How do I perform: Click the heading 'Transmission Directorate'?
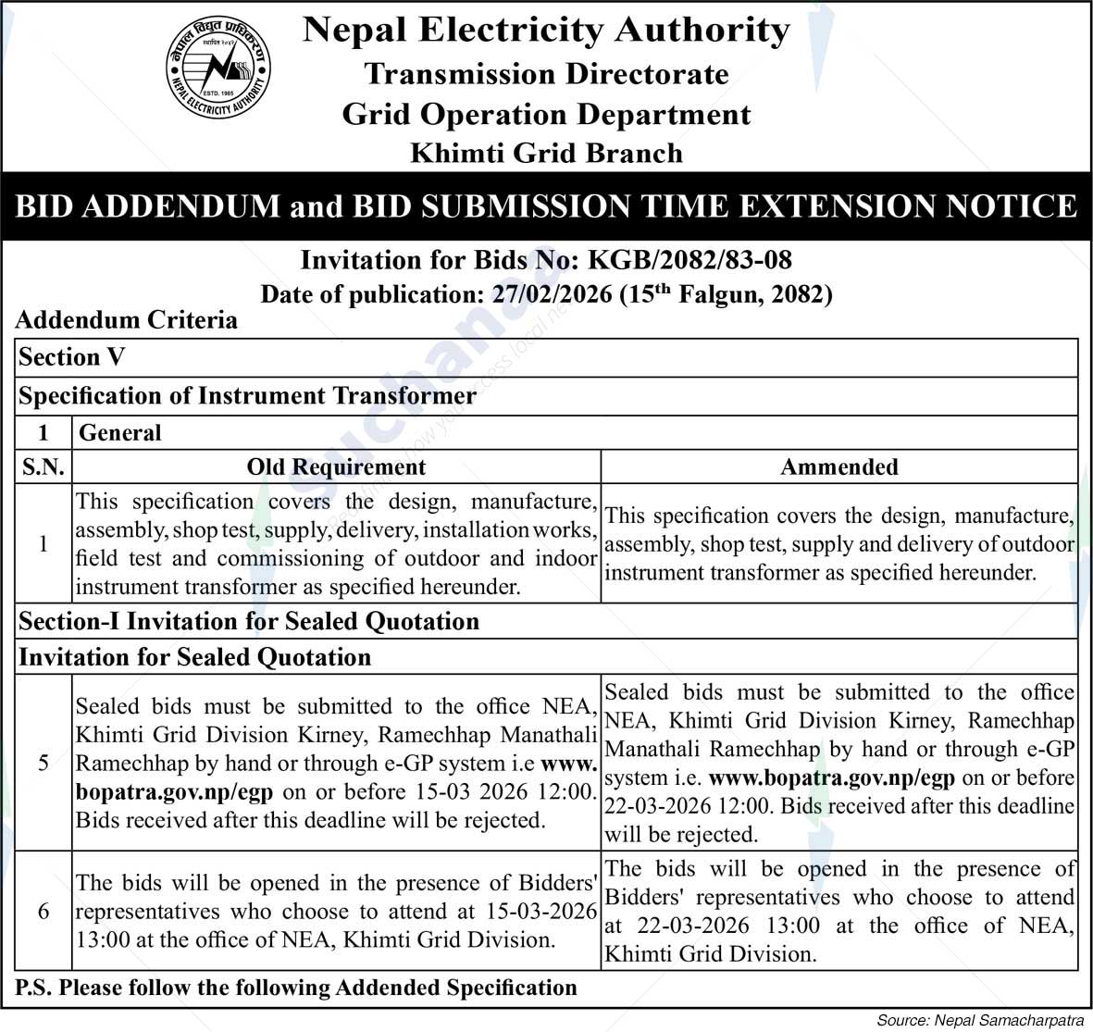tap(546, 74)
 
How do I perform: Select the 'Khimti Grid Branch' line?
tap(546, 153)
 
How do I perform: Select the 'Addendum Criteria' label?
tap(127, 320)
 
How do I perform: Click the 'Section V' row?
tap(72, 357)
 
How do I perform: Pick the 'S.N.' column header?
tap(43, 467)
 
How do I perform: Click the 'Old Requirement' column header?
tap(336, 467)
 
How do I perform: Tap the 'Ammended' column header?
tap(839, 467)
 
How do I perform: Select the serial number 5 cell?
tap(43, 763)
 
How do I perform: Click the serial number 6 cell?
tap(43, 911)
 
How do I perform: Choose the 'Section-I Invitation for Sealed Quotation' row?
tap(249, 621)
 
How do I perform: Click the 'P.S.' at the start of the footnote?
tap(33, 988)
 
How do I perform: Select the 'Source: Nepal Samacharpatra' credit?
tap(979, 1020)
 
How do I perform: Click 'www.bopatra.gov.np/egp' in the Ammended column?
tap(831, 777)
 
